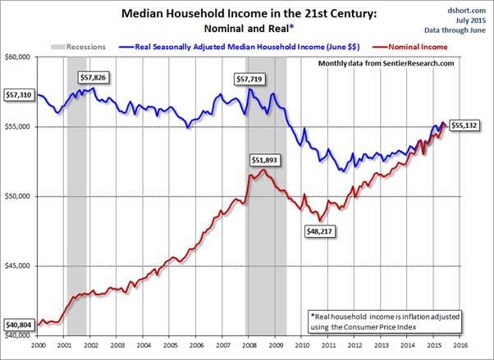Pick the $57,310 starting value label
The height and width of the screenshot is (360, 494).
pyautogui.click(x=18, y=95)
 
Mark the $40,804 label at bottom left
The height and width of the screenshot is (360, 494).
pyautogui.click(x=18, y=325)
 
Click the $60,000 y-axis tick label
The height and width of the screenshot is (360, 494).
pyautogui.click(x=18, y=57)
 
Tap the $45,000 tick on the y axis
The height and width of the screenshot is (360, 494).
pyautogui.click(x=18, y=266)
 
